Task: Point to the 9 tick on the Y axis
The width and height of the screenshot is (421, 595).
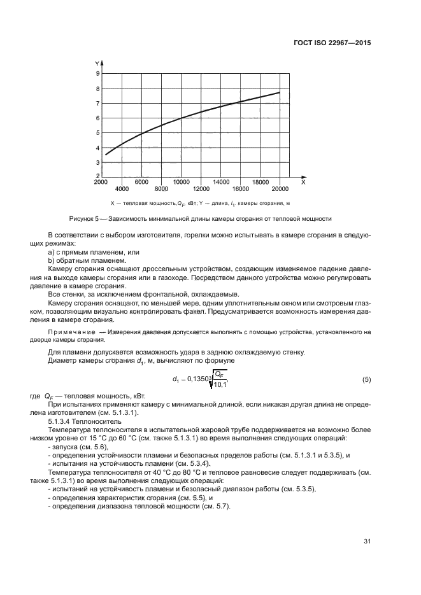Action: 97,74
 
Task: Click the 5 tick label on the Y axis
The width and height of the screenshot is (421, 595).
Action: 97,132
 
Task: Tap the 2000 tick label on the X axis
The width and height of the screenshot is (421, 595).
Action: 101,182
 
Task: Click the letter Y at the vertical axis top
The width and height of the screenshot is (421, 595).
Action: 97,64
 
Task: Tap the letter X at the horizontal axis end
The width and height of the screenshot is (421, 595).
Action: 303,182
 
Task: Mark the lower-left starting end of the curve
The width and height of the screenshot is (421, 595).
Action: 106,154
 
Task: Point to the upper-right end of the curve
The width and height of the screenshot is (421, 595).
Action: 280,92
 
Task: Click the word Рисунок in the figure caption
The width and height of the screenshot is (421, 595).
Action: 99,219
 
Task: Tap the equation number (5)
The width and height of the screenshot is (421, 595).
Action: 366,380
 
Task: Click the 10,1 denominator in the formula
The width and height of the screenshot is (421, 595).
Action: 218,385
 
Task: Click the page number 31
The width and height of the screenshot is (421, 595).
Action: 367,542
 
